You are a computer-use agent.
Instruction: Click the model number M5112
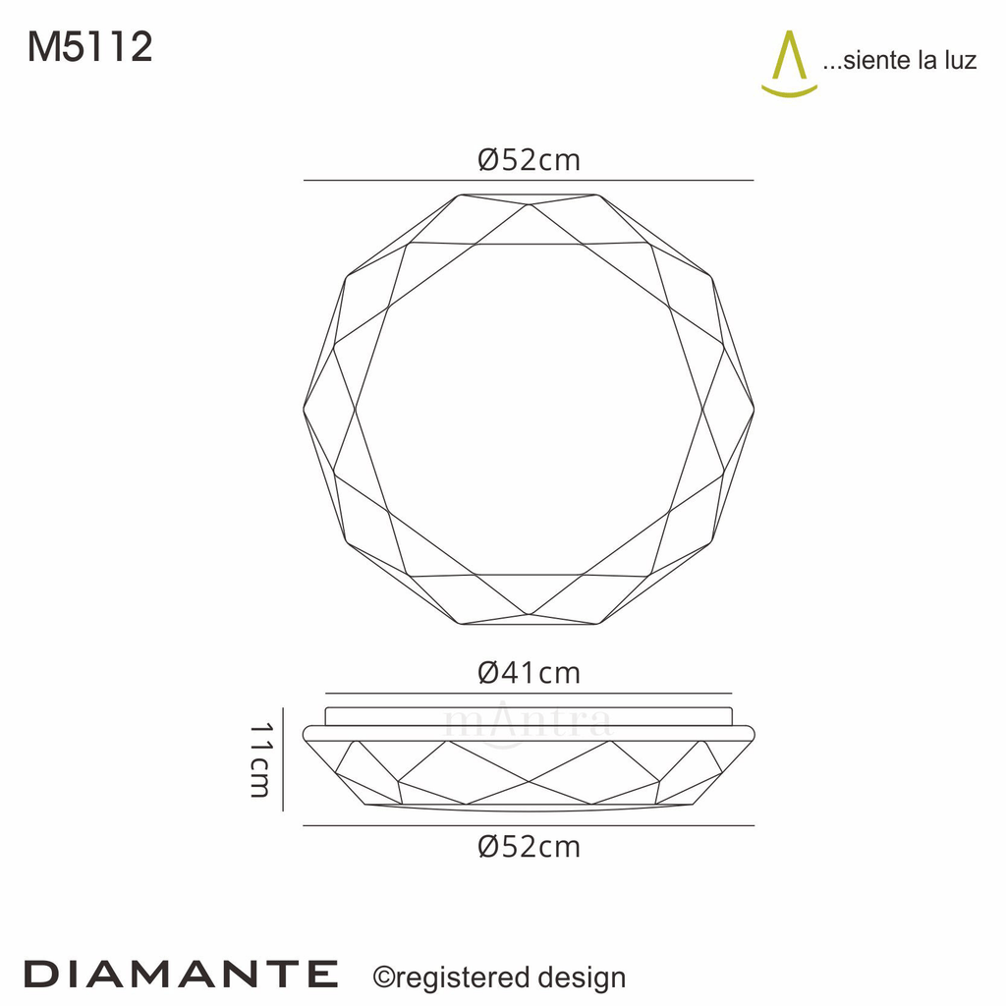[x=90, y=47]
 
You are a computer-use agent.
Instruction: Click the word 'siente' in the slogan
[x=875, y=61]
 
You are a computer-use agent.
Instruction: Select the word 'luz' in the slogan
[x=958, y=61]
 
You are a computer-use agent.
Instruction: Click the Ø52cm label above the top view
[x=529, y=160]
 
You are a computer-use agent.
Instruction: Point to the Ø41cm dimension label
[x=529, y=673]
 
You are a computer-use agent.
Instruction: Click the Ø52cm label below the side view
[x=529, y=846]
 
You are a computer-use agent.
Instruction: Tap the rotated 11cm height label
[x=259, y=759]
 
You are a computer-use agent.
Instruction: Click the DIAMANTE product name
[x=181, y=975]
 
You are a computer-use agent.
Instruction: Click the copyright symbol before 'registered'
[x=383, y=977]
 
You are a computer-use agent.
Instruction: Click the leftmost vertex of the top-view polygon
[x=304, y=410]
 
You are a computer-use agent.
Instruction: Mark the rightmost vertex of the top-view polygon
[x=754, y=410]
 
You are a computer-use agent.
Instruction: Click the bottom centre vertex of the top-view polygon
[x=529, y=616]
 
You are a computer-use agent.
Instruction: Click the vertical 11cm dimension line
[x=283, y=758]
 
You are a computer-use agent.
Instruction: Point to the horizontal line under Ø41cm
[x=529, y=693]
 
